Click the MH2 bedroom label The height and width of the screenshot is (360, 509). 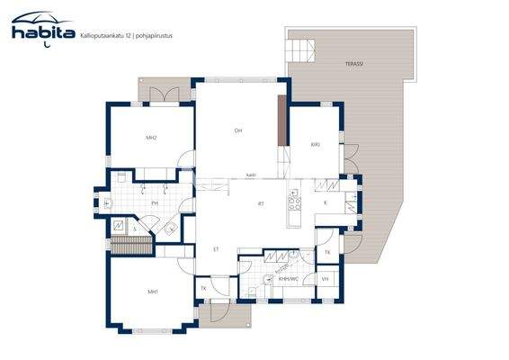click(x=152, y=138)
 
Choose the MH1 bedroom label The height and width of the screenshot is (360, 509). click(x=153, y=292)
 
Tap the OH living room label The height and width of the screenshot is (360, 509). click(x=238, y=131)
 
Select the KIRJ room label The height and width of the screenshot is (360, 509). click(x=316, y=144)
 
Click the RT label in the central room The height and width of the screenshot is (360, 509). click(x=261, y=204)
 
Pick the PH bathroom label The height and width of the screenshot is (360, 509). click(x=155, y=203)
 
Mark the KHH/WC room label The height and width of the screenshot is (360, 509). click(x=288, y=279)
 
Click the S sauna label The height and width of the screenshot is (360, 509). click(x=135, y=229)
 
